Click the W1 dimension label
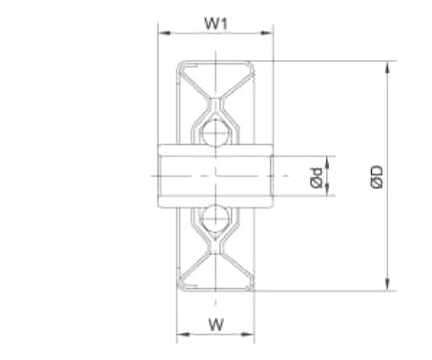(x=215, y=24)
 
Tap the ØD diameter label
(x=377, y=176)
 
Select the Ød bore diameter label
(x=315, y=176)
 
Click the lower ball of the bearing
(x=215, y=217)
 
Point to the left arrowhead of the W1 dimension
(x=163, y=32)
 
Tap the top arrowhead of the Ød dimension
(x=328, y=161)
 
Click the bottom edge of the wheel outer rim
(x=215, y=290)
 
